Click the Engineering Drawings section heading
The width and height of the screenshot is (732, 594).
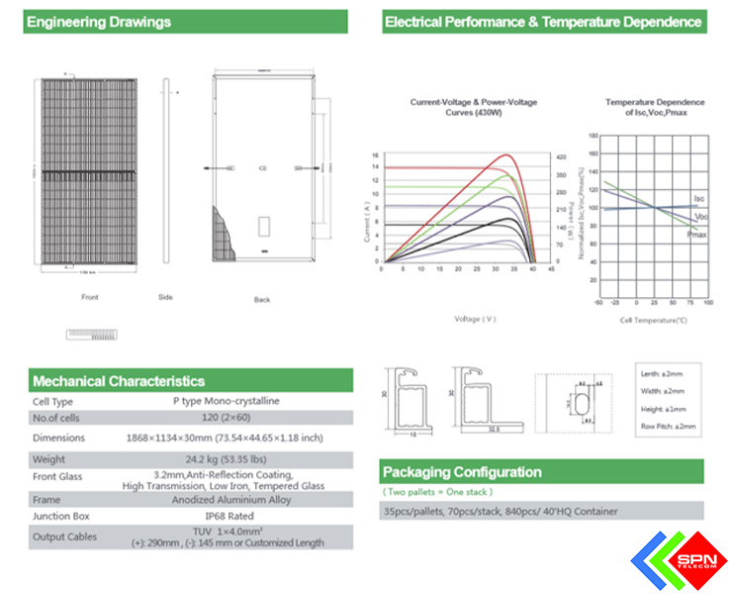coord(99,22)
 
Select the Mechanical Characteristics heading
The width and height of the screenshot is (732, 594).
coord(119,381)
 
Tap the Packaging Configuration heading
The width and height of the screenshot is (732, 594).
coord(463,472)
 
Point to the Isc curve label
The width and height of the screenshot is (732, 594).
coord(699,199)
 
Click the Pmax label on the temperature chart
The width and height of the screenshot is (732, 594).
coord(697,235)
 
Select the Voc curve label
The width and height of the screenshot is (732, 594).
coord(701,216)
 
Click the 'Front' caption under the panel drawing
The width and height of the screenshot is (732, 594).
coord(90,297)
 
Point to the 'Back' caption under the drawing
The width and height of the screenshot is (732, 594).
coord(262,299)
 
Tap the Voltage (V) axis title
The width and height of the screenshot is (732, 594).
coord(475,319)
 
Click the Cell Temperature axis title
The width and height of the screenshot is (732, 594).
coord(654,321)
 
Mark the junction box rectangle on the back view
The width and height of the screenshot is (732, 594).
coord(264,226)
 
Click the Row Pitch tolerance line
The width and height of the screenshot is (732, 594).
coord(669,426)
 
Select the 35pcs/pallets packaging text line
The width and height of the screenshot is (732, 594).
coord(501,511)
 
